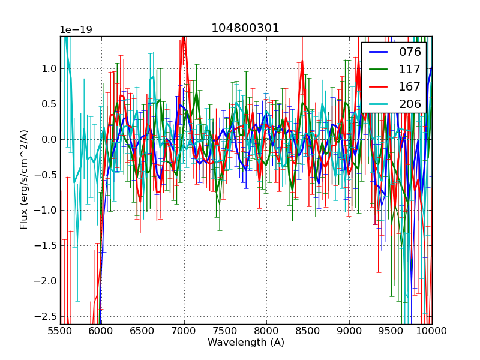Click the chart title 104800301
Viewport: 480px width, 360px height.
point(245,28)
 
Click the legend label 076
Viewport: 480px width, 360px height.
point(410,52)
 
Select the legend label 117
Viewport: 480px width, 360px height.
point(410,69)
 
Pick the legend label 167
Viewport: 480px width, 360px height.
point(410,86)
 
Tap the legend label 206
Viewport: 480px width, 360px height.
point(410,104)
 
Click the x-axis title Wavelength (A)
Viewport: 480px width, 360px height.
point(246,343)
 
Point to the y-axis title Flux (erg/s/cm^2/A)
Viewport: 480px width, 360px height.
point(24,179)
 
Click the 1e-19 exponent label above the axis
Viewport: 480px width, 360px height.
point(76,30)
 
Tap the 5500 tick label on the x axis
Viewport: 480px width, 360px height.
point(60,331)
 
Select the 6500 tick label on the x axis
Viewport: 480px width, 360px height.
point(143,331)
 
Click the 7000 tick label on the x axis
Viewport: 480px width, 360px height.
point(184,331)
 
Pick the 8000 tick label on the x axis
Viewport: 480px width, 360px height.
point(267,331)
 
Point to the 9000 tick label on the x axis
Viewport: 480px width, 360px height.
point(349,331)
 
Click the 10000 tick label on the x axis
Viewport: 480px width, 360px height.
point(431,331)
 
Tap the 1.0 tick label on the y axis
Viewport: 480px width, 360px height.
point(49,69)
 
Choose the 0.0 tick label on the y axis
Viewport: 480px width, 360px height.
point(49,140)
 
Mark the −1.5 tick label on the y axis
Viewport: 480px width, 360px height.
point(46,245)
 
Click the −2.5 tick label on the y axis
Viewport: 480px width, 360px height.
point(46,316)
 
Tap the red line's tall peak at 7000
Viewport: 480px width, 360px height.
point(184,37)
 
